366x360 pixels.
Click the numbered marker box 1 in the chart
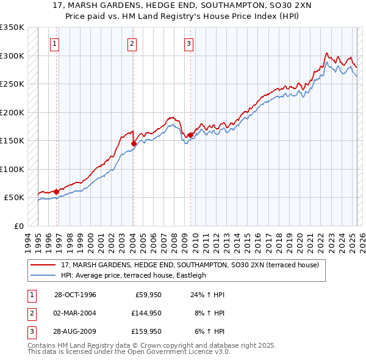pyautogui.click(x=56, y=43)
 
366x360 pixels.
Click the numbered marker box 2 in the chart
pyautogui.click(x=132, y=43)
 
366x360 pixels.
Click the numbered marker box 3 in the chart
pyautogui.click(x=189, y=43)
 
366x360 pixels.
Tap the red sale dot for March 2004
pyautogui.click(x=134, y=144)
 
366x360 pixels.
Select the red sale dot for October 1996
pyautogui.click(x=56, y=192)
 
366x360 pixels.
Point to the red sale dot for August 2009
pyautogui.click(x=191, y=135)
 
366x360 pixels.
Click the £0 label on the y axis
pyautogui.click(x=18, y=226)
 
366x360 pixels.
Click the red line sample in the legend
pyautogui.click(x=43, y=265)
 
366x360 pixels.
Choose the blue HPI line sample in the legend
pyautogui.click(x=43, y=275)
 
